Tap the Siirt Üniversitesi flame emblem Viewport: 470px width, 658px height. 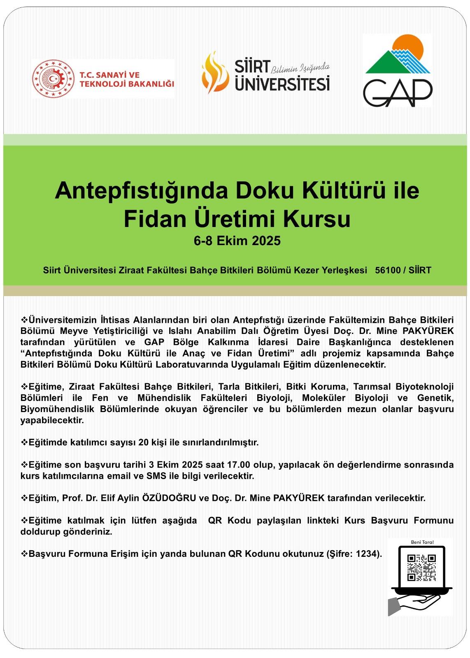tap(214, 73)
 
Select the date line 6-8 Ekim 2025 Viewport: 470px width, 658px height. tap(237, 241)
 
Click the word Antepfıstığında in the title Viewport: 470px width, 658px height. tap(140, 190)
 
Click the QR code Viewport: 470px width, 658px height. tap(421, 568)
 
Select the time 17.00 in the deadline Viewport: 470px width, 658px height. tap(238, 465)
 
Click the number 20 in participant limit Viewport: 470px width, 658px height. tap(143, 443)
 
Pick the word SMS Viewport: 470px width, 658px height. tap(154, 476)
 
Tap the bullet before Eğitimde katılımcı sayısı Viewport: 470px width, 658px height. tap(24, 443)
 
